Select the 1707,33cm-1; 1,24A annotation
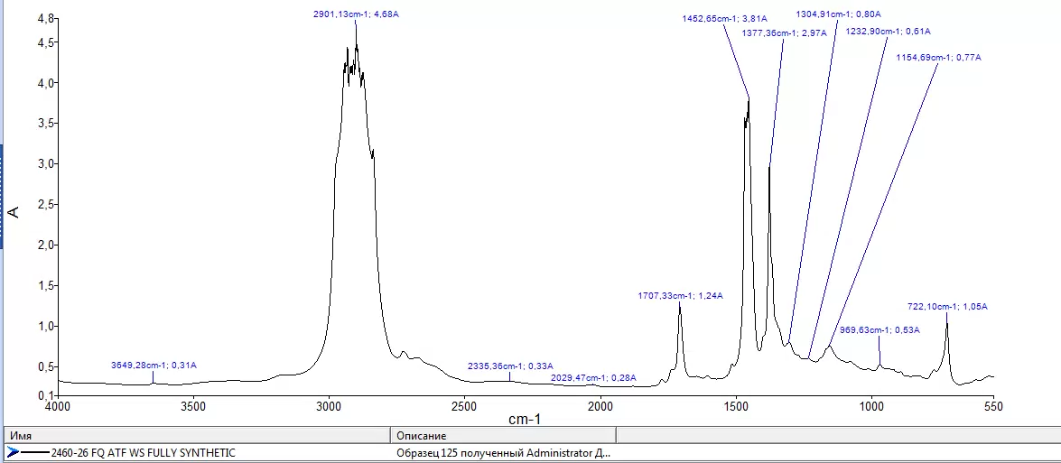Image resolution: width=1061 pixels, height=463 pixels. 681,295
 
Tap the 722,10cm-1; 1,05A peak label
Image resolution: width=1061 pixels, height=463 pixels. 947,306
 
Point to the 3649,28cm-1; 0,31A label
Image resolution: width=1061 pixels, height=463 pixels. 154,365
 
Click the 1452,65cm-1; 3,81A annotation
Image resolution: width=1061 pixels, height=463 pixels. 725,18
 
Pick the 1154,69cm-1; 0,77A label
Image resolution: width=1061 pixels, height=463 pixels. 938,58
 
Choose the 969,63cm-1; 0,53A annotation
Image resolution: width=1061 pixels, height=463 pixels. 880,329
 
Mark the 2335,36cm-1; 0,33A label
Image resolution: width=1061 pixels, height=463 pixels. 510,366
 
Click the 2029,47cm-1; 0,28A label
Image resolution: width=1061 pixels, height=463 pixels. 593,377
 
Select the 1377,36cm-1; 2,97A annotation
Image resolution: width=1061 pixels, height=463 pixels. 785,32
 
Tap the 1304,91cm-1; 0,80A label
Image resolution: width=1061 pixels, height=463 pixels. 838,14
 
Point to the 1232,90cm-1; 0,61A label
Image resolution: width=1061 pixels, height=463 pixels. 888,31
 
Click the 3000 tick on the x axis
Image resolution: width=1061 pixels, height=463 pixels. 329,406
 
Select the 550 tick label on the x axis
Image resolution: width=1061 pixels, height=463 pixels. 993,406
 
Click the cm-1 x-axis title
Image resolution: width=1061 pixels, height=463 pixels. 526,420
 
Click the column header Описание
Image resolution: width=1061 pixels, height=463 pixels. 422,436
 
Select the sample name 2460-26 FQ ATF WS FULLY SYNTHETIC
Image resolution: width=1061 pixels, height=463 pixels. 144,453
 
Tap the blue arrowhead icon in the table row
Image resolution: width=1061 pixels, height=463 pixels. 12,453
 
